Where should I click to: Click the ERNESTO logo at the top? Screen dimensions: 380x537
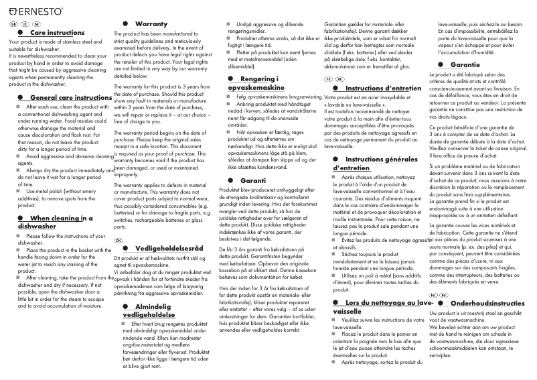pos(34,11)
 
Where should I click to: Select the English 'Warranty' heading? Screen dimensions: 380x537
pos(151,23)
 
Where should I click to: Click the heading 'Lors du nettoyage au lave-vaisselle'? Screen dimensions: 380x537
pos(382,308)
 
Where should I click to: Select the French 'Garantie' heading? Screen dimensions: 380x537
pos(465,64)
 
